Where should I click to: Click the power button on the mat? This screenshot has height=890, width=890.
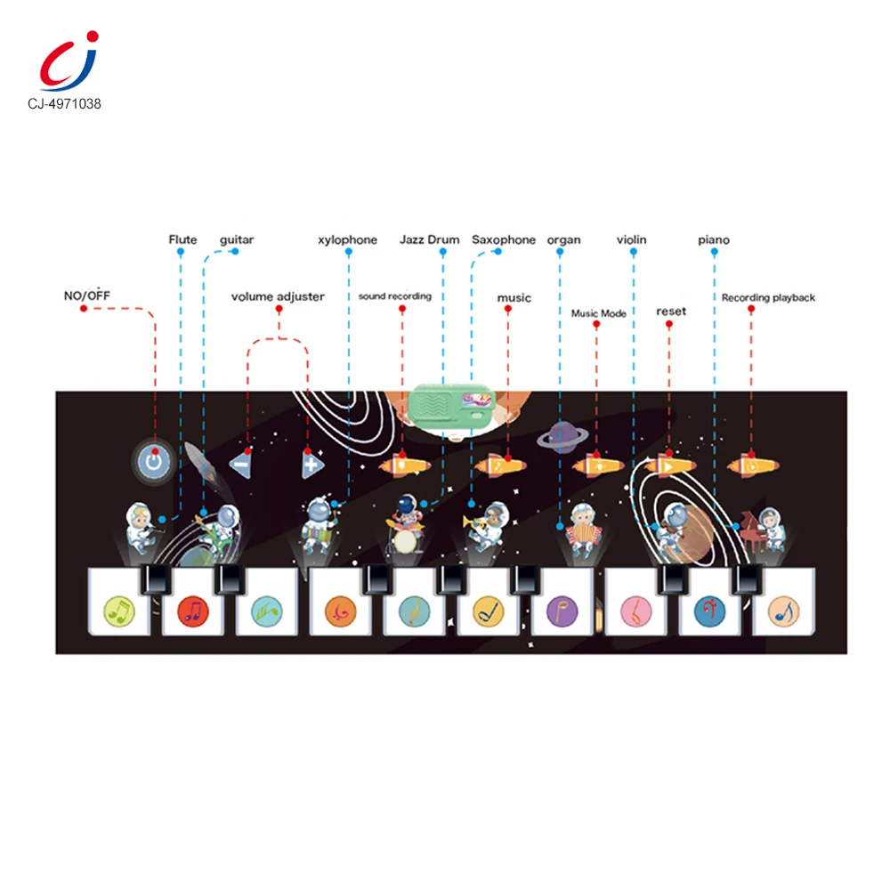[155, 461]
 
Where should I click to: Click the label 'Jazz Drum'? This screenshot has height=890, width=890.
[429, 239]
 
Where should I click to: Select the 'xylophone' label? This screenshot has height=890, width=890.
[347, 239]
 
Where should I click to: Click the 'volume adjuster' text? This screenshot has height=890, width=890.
[278, 296]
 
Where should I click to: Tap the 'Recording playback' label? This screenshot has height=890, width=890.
[768, 298]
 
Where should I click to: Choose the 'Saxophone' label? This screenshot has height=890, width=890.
[504, 239]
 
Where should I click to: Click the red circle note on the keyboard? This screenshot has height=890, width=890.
[191, 610]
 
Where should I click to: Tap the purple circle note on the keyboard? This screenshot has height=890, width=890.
[562, 611]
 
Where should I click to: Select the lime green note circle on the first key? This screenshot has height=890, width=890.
[117, 611]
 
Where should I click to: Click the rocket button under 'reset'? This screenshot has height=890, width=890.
[667, 465]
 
